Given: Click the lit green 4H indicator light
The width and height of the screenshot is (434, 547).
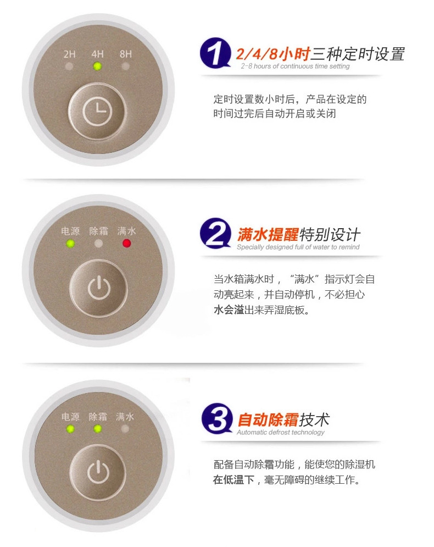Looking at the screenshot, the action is [98, 66].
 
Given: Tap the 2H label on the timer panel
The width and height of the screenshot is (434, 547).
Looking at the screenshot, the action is [69, 54].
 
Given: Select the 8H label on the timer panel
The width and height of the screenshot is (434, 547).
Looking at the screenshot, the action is [125, 54].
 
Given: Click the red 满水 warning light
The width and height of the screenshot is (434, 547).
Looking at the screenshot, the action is [126, 243].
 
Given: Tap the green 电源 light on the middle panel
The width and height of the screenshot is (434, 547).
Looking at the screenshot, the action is [70, 243].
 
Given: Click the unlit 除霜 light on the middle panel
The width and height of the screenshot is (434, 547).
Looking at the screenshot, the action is [99, 243].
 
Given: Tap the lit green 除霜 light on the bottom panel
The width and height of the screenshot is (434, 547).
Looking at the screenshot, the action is [98, 428].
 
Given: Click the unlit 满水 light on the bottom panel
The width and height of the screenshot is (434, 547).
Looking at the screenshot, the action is [125, 428].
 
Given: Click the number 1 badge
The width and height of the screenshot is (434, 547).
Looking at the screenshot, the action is [215, 53].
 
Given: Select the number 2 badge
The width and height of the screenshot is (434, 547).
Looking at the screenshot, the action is [215, 234].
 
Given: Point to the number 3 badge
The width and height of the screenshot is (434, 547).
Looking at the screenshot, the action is [217, 418].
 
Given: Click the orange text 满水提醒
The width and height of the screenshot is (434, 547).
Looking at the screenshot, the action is [268, 234].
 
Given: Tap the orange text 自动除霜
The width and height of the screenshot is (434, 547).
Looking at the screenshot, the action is [268, 419].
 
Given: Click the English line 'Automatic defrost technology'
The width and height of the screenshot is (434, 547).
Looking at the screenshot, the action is [281, 432].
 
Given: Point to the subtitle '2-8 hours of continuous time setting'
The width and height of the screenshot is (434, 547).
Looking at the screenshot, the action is [295, 67].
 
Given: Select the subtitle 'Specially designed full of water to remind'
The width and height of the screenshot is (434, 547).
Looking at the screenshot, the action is [298, 247].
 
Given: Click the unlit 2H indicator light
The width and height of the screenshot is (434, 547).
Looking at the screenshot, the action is [69, 66].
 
